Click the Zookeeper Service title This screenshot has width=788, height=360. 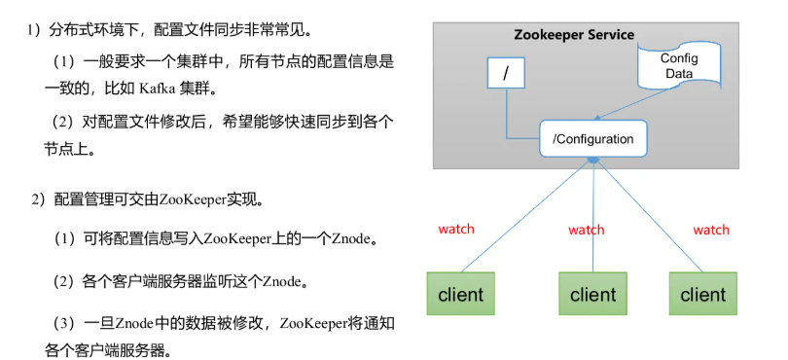(573, 35)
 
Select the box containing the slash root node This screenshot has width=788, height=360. (506, 74)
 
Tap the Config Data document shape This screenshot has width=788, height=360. (679, 66)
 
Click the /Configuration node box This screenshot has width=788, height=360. (592, 139)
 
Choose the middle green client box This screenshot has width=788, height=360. (592, 294)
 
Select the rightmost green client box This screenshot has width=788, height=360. (702, 294)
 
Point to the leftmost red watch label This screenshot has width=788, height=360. (455, 229)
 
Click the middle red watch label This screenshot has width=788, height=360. (586, 230)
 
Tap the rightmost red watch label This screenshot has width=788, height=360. (710, 230)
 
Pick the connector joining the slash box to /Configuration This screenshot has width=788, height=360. (507, 122)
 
